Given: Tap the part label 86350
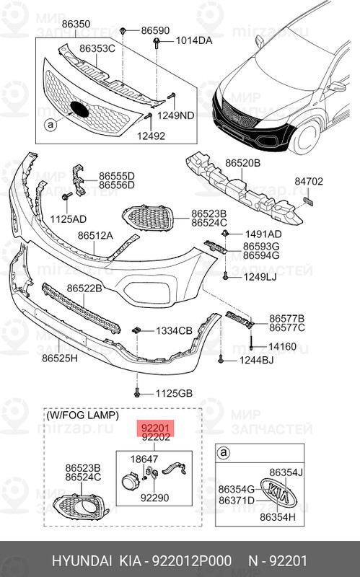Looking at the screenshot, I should point(76,24).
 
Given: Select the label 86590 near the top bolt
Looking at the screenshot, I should point(154,31).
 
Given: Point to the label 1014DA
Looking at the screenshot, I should point(195,40).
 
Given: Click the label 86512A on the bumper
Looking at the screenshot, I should point(95,235).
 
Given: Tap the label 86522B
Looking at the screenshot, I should point(85,288).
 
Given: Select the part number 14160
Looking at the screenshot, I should point(283,346).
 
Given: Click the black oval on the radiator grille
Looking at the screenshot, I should point(79,110).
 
